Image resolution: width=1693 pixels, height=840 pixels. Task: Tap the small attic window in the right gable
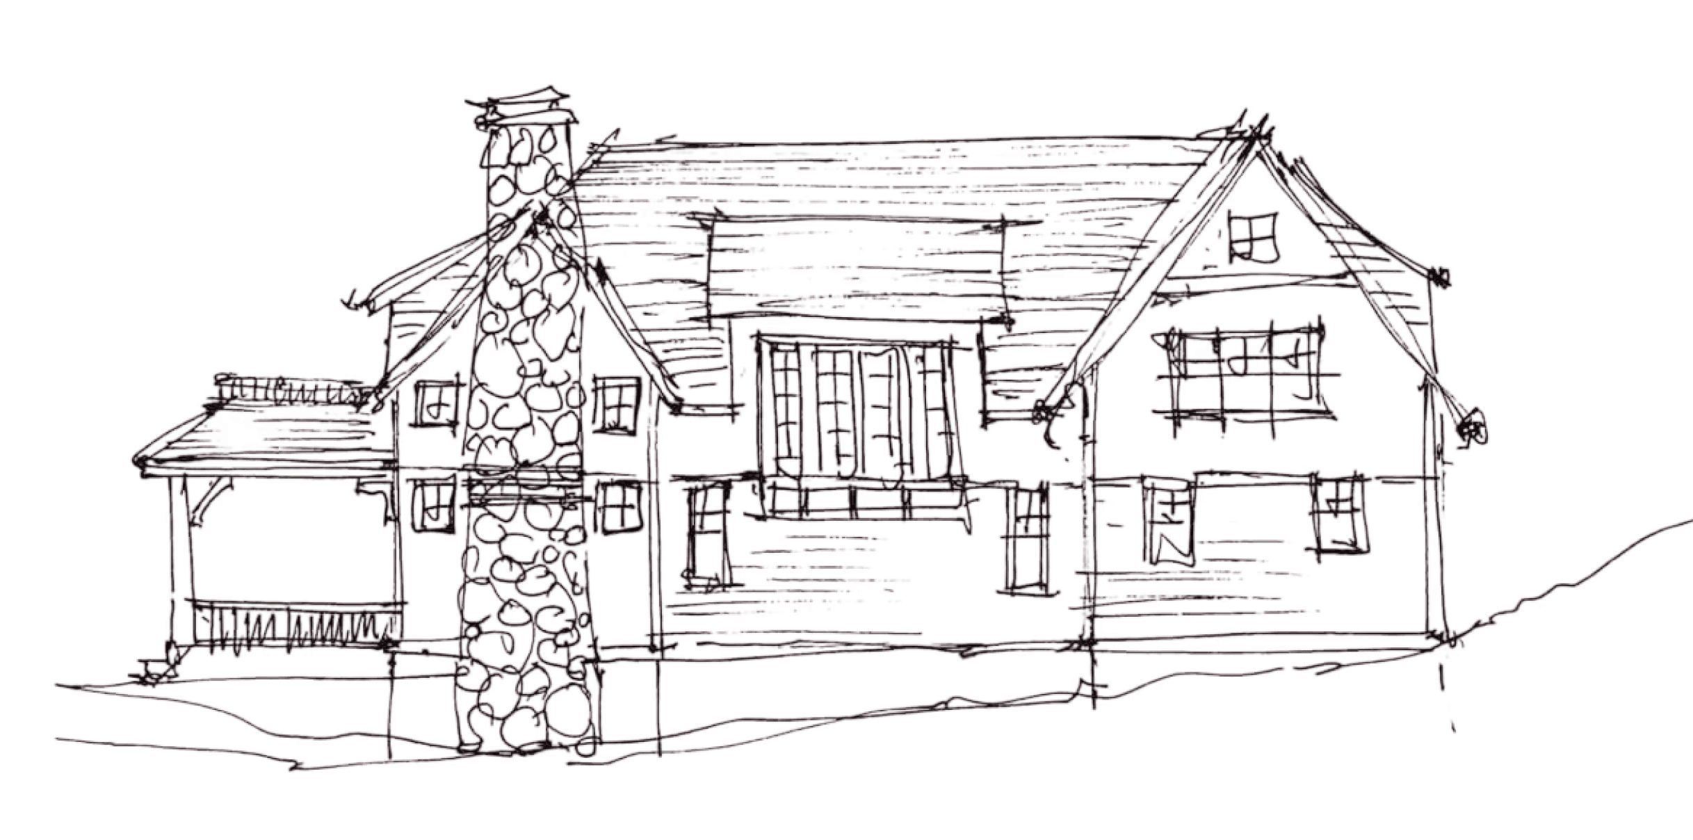[1254, 236]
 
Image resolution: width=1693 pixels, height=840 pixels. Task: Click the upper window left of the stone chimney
[437, 403]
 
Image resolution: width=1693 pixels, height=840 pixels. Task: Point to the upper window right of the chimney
[616, 403]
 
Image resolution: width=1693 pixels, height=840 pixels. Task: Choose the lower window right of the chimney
[617, 508]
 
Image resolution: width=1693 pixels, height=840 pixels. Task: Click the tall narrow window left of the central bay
[707, 535]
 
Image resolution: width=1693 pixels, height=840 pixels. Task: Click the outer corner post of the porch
[179, 556]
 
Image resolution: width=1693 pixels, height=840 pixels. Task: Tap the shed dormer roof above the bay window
[855, 271]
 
